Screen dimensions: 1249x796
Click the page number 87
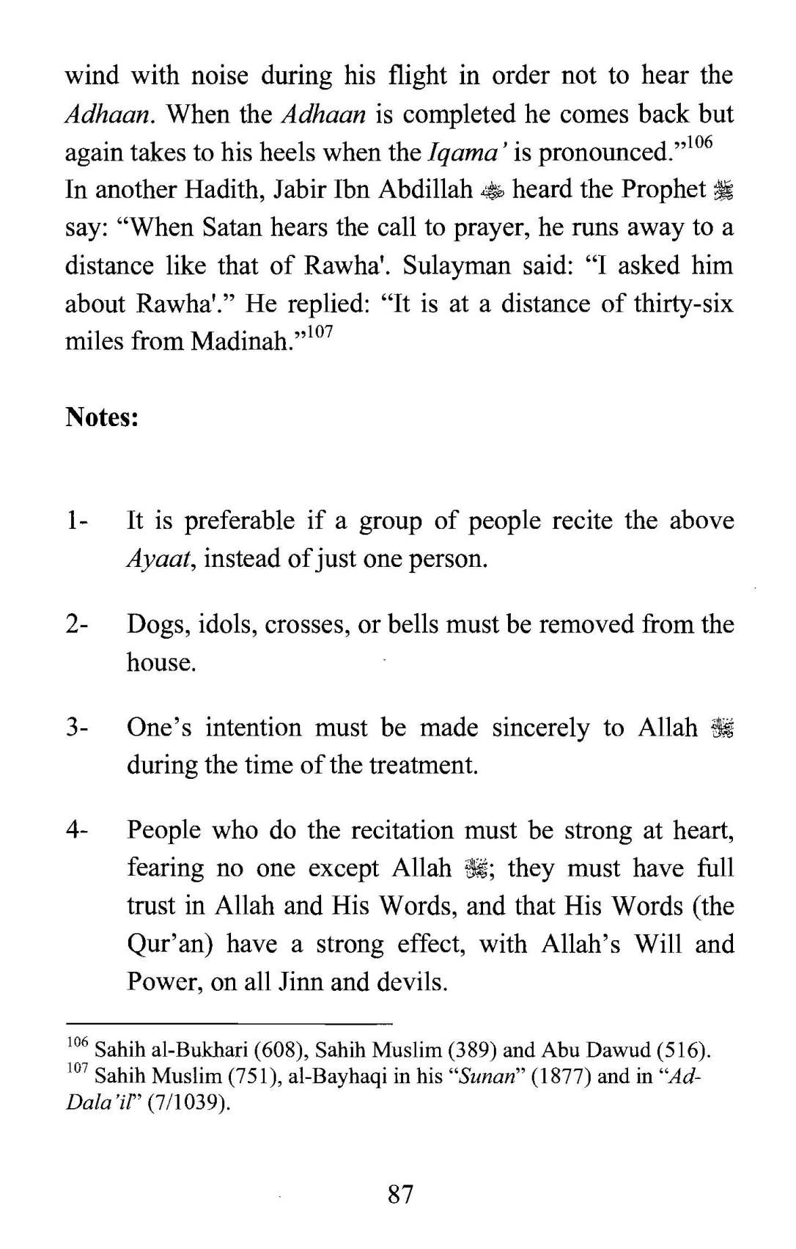(400, 1195)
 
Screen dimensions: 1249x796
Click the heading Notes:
(102, 417)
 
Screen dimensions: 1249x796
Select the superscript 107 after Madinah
(320, 332)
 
